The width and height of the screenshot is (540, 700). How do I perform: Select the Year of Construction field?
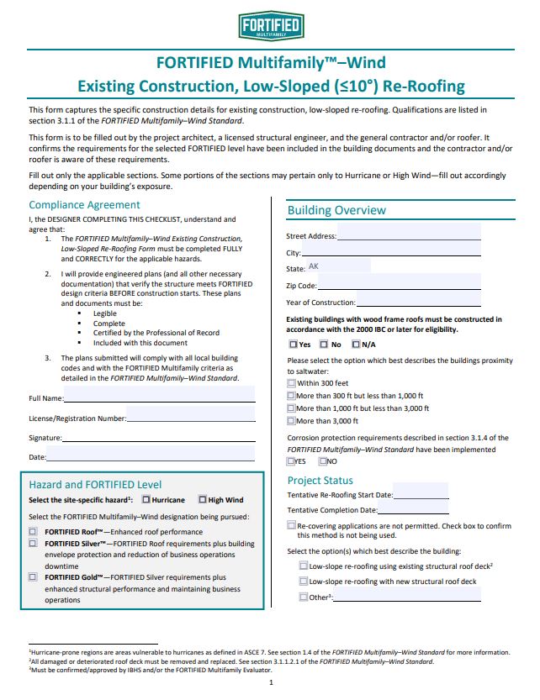point(418,301)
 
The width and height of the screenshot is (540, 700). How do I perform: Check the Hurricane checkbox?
point(146,500)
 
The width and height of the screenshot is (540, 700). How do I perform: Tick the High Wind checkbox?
point(202,500)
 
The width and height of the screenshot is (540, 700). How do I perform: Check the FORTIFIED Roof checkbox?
point(34,531)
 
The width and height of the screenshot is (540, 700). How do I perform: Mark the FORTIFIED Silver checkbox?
point(34,544)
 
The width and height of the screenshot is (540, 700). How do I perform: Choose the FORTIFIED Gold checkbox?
point(34,577)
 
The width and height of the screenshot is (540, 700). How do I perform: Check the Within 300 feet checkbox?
point(291,382)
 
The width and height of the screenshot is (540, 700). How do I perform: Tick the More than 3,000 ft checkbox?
point(291,420)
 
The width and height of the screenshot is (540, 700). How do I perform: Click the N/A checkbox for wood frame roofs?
point(355,345)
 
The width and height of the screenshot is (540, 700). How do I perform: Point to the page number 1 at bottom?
point(270,682)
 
